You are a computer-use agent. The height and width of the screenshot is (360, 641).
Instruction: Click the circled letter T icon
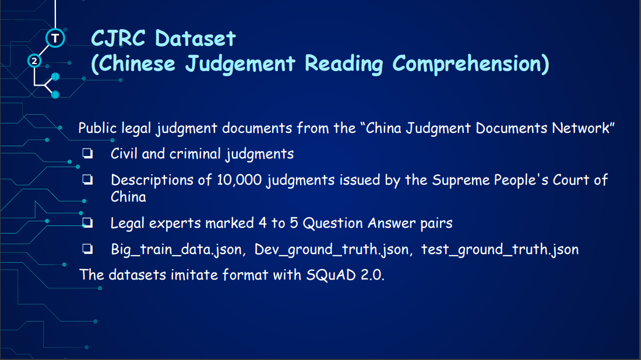pyautogui.click(x=55, y=38)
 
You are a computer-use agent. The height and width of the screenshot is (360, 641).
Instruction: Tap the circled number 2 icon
pyautogui.click(x=34, y=61)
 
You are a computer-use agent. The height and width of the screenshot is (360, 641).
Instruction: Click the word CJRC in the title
pyautogui.click(x=118, y=38)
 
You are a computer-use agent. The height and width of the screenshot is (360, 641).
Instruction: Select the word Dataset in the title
pyautogui.click(x=195, y=39)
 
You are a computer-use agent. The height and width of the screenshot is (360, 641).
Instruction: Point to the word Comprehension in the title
pyautogui.click(x=466, y=63)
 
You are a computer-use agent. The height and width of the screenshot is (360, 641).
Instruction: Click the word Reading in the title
pyautogui.click(x=344, y=64)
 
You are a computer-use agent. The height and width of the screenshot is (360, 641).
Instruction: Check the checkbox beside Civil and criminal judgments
pyautogui.click(x=87, y=154)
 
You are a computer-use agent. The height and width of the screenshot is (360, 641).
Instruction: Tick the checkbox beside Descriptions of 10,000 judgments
pyautogui.click(x=87, y=180)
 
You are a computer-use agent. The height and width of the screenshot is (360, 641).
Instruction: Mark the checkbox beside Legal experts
pyautogui.click(x=87, y=223)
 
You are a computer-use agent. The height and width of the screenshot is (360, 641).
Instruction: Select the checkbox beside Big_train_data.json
pyautogui.click(x=87, y=249)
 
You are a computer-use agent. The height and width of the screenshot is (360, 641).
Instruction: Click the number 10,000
pyautogui.click(x=239, y=180)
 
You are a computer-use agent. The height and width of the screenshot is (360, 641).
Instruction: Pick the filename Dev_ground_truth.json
pyautogui.click(x=332, y=250)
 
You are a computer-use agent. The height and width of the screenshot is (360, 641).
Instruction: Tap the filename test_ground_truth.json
pyautogui.click(x=500, y=250)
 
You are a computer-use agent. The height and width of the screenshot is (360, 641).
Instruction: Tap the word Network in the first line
pyautogui.click(x=580, y=128)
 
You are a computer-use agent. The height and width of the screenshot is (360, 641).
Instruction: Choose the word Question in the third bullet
pyautogui.click(x=333, y=223)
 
